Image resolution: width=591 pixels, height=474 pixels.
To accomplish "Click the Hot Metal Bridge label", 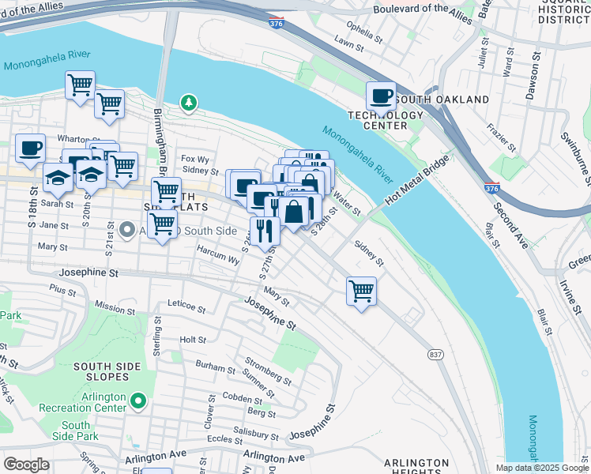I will (x=416, y=182).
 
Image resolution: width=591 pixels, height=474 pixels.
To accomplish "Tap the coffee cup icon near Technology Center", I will (x=381, y=96).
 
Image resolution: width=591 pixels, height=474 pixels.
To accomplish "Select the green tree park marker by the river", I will (x=188, y=102).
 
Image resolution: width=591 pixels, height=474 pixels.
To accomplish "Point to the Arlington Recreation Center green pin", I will (x=138, y=402).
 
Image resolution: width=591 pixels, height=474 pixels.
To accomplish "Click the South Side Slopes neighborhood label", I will (x=107, y=373).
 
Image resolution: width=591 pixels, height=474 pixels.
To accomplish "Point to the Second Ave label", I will (x=511, y=225).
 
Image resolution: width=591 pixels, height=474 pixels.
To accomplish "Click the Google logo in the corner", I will (x=27, y=465).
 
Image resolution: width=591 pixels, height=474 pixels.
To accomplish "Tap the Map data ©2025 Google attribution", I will (x=541, y=468).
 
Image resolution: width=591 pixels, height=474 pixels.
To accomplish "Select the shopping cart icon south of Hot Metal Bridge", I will (x=361, y=291).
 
